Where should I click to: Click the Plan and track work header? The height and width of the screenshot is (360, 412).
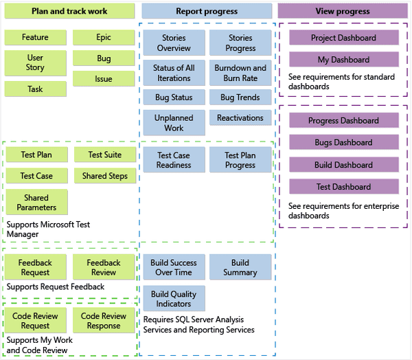(69, 11)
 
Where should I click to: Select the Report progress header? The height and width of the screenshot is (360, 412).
(207, 11)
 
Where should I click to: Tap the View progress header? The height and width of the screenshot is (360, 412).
(342, 11)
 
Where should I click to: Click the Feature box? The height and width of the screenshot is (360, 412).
(35, 37)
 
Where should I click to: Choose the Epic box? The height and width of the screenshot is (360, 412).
(104, 37)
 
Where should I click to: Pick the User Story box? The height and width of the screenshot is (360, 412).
(35, 63)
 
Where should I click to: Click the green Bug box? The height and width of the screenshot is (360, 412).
(104, 58)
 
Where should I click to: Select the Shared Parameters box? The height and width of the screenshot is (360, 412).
(36, 202)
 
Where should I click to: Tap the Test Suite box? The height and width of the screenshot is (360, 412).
(104, 155)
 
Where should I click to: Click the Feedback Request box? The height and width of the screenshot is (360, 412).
(35, 267)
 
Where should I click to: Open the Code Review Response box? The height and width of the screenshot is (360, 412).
(104, 321)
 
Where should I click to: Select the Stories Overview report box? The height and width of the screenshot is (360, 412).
(174, 43)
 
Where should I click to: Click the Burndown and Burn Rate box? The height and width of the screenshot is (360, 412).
(240, 73)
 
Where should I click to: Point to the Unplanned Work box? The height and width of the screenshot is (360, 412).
(174, 123)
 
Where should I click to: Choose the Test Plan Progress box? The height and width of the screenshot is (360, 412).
(240, 160)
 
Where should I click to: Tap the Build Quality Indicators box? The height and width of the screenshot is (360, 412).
(174, 299)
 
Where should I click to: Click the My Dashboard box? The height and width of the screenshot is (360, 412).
(343, 60)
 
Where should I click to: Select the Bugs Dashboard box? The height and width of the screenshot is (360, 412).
(343, 142)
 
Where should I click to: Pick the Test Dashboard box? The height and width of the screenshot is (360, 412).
(343, 186)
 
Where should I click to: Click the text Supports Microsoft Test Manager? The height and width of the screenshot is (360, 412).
(48, 229)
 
